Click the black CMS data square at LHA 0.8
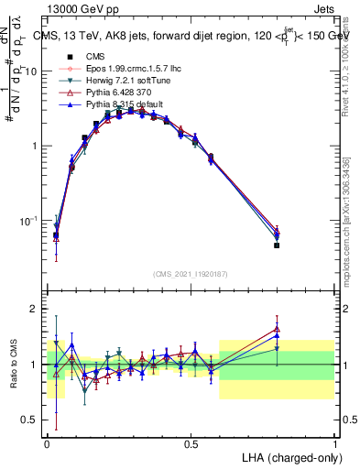click(277, 245)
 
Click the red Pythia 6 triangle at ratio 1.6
click(277, 330)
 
